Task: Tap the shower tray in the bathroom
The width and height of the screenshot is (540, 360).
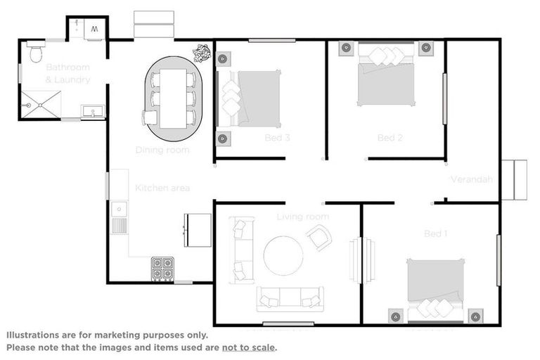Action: coord(41,105)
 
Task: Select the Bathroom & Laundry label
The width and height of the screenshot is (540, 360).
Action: coord(68,73)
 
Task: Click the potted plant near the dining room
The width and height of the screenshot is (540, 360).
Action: coord(202,52)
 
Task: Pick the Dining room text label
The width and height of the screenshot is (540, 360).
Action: coord(162,150)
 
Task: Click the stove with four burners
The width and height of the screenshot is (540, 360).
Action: coord(162,269)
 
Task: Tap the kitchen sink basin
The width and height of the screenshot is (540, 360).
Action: coord(119,208)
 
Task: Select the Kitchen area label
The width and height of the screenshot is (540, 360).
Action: coord(162,188)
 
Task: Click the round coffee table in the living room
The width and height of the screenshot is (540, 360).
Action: coord(283,255)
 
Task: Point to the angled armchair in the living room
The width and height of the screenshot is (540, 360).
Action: coord(319,238)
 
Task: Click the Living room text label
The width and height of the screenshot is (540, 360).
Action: coord(303,217)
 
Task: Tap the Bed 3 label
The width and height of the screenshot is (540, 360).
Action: coord(278,138)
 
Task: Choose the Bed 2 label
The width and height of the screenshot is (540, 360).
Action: coord(390,138)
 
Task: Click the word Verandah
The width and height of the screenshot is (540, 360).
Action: coord(471,179)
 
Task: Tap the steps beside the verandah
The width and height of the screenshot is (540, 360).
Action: coord(514,180)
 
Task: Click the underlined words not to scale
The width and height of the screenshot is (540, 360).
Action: coord(248,347)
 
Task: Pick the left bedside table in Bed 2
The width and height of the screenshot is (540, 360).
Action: coord(347,49)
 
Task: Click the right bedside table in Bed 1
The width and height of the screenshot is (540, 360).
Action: coord(476,316)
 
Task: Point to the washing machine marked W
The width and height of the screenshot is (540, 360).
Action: coord(95,30)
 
